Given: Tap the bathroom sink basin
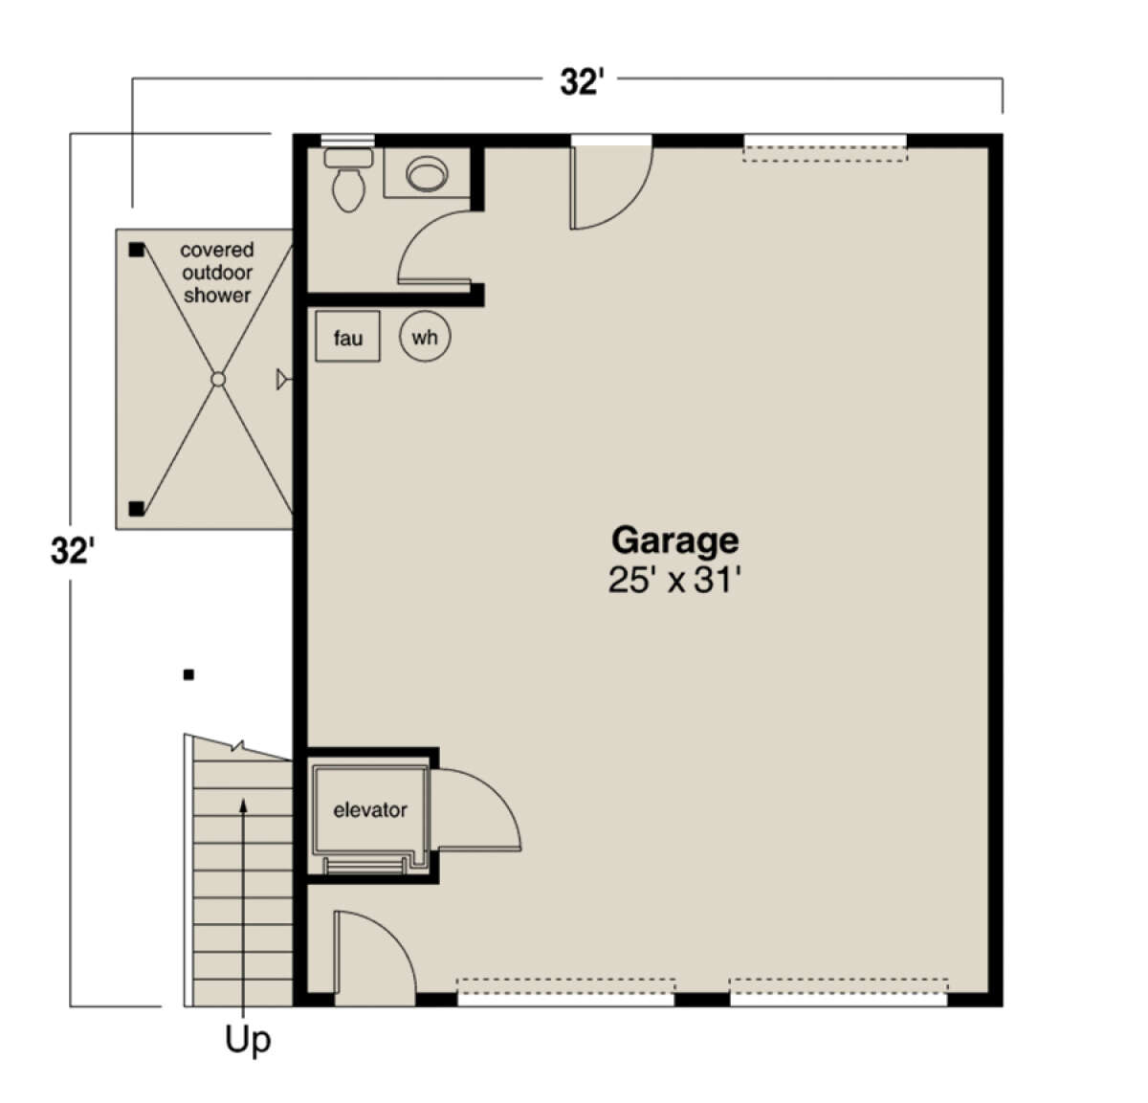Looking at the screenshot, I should click(427, 175).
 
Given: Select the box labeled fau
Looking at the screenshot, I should click(347, 337).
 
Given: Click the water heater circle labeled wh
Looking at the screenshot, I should click(425, 337).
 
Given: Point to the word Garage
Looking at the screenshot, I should click(674, 540).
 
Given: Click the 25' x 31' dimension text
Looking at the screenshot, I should click(674, 580).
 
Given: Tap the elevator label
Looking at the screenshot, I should click(369, 810).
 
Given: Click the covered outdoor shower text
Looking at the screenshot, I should click(217, 273).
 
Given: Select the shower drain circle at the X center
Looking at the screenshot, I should click(218, 380).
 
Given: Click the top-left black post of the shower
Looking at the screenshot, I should click(136, 250).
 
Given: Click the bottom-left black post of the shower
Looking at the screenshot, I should click(136, 508).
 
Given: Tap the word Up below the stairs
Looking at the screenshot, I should click(248, 1039).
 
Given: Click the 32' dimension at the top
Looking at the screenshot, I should click(581, 83).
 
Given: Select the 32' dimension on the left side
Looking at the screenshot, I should click(72, 552).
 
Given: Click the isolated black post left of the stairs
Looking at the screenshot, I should click(188, 674).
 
